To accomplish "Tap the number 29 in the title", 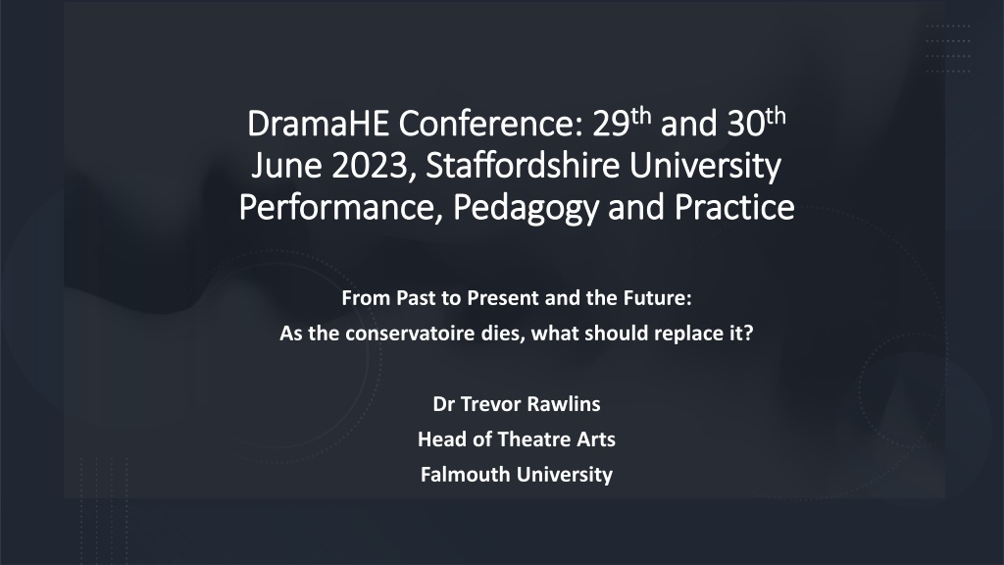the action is click(611, 123).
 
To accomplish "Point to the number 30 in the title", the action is click(746, 123).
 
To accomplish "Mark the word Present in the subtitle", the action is click(503, 298).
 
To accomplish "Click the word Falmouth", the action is click(466, 475).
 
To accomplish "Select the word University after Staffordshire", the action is click(705, 166).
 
